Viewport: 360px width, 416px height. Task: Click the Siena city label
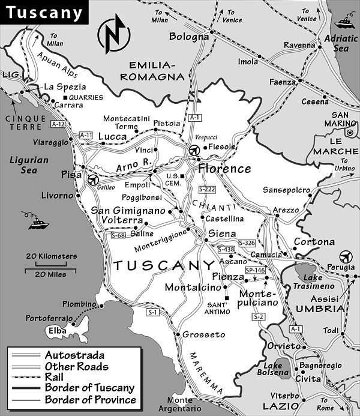[221, 234]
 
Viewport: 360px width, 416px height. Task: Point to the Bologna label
[189, 37]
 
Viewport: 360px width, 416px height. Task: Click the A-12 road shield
[58, 124]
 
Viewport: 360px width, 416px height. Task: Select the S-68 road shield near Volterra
[118, 235]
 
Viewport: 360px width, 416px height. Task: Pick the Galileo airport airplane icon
[92, 179]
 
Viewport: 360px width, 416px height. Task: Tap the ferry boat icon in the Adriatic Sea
[344, 25]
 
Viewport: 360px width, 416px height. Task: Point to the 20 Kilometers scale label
[51, 256]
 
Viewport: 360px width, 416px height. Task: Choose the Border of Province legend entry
[98, 399]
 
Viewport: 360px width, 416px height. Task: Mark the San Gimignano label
[128, 211]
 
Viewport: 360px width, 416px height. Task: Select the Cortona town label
[314, 241]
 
